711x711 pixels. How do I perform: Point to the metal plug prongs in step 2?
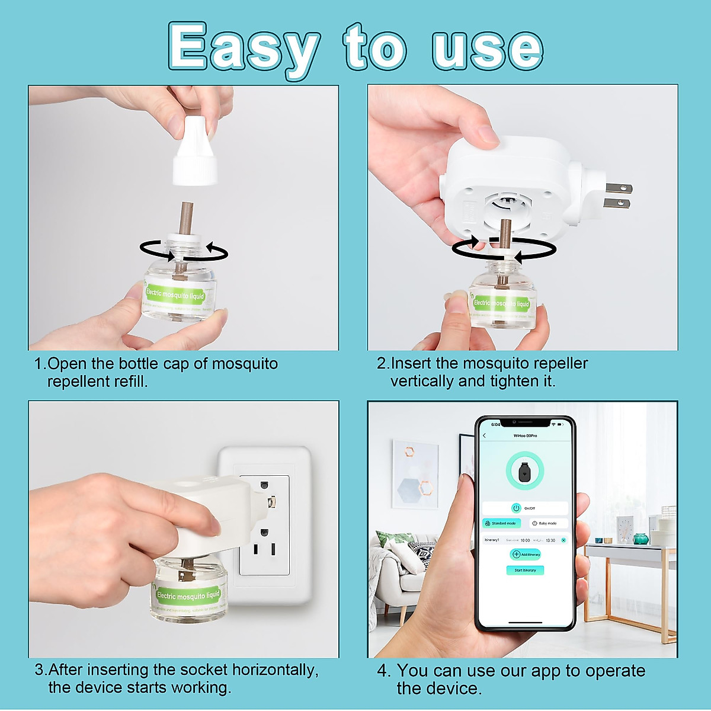pos(617,196)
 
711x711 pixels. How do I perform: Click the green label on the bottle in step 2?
pos(501,304)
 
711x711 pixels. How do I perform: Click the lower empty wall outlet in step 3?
pos(264,549)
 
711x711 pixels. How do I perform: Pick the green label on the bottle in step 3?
pos(188,595)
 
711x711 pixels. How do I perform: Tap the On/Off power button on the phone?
pos(516,508)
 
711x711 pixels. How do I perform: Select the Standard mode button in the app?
pos(501,523)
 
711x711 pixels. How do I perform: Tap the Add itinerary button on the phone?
pos(526,555)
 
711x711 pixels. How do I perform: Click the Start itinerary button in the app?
pos(525,570)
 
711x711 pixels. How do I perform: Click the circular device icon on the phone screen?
pos(524,472)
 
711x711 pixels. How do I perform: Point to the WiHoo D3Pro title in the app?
pos(525,435)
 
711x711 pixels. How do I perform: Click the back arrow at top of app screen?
pos(485,435)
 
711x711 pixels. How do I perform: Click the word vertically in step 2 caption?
pos(421,382)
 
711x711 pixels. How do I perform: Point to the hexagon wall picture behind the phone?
pos(415,474)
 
